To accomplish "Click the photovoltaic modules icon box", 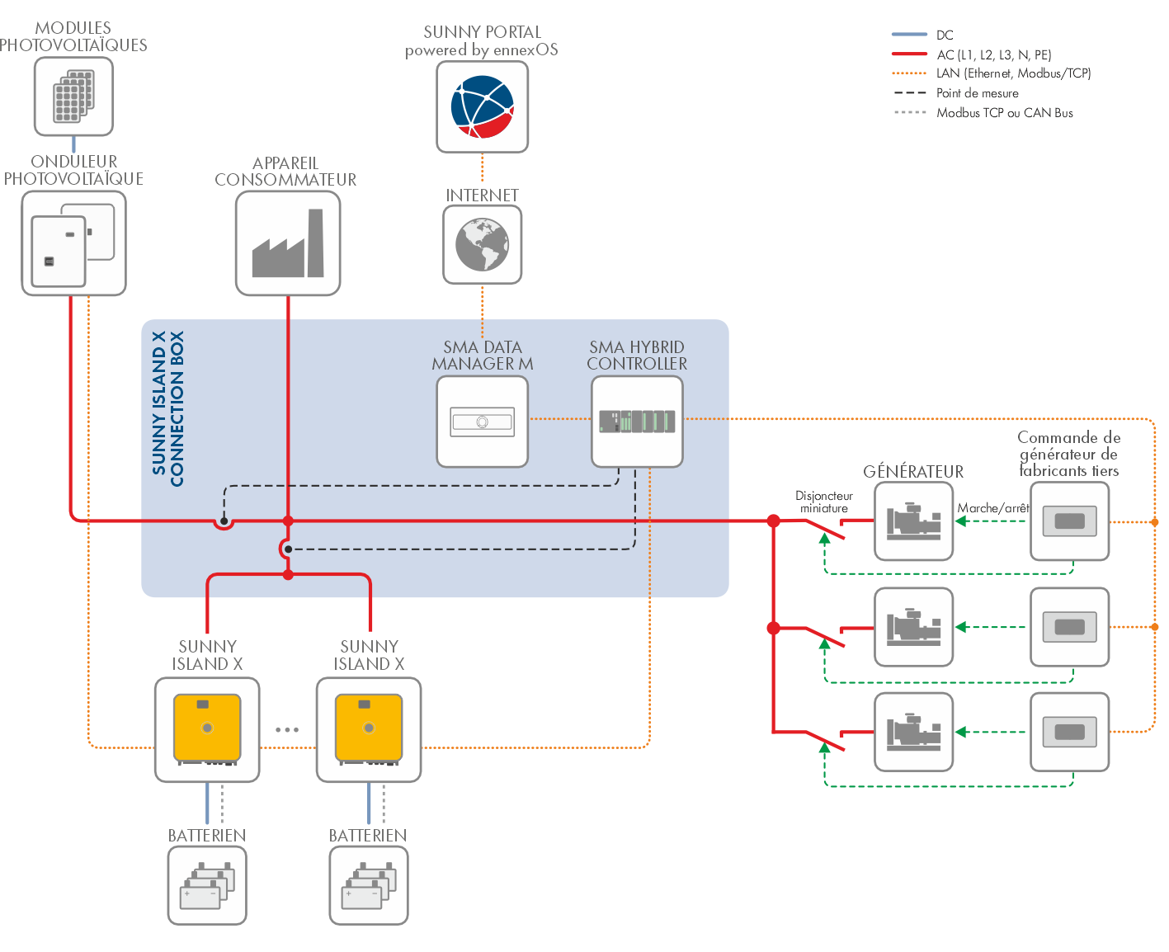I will pyautogui.click(x=73, y=97).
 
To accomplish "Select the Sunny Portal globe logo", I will pyautogui.click(x=483, y=106).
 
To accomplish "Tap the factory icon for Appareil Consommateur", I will pyautogui.click(x=288, y=243).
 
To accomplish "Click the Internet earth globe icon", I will pyautogui.click(x=483, y=245).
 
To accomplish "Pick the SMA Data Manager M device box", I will pyautogui.click(x=483, y=422).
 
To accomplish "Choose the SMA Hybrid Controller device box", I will pyautogui.click(x=637, y=422).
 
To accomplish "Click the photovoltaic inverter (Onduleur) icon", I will pyautogui.click(x=73, y=243).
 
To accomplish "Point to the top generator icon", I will pyautogui.click(x=913, y=521).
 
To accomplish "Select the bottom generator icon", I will pyautogui.click(x=913, y=732).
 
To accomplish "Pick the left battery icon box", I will pyautogui.click(x=207, y=885).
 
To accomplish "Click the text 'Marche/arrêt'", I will pyautogui.click(x=993, y=508).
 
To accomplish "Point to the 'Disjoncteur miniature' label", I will pyautogui.click(x=823, y=502).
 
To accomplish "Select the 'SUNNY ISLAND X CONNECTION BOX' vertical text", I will pyautogui.click(x=167, y=409).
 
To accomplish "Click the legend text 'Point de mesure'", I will pyautogui.click(x=977, y=93).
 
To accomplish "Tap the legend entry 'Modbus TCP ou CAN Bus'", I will pyautogui.click(x=1004, y=113).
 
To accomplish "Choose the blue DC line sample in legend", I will pyautogui.click(x=909, y=35).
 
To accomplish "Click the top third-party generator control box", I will pyautogui.click(x=1069, y=521).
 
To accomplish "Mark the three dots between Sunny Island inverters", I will pyautogui.click(x=287, y=729).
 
